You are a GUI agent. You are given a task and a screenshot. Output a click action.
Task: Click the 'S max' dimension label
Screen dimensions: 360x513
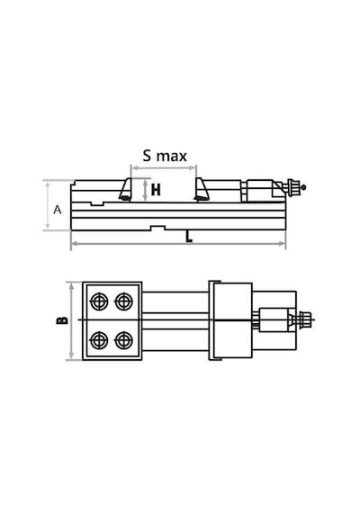point(165,156)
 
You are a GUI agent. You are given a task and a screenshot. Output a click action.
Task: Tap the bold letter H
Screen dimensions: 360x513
point(156,190)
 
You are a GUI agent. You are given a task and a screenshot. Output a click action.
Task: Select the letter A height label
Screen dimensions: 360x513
point(58,210)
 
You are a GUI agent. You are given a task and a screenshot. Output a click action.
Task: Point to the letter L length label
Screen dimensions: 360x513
point(189,237)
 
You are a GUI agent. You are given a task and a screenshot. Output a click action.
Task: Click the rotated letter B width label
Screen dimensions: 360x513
point(62,320)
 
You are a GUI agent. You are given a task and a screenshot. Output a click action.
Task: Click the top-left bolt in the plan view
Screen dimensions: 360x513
point(99,301)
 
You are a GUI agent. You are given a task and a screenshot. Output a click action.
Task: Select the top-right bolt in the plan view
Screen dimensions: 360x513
point(123,301)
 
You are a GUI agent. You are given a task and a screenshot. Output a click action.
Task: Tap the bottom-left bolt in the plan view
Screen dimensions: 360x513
point(99,340)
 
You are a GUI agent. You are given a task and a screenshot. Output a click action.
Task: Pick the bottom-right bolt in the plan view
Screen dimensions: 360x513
point(123,340)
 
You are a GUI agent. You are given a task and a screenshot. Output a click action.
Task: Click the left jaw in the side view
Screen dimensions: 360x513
point(125,189)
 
